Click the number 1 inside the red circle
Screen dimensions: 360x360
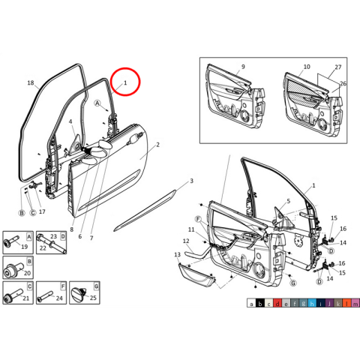(125, 82)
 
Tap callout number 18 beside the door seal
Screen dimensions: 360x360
(31, 82)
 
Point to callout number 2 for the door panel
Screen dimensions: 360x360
(157, 144)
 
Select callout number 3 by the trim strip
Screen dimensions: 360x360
(191, 181)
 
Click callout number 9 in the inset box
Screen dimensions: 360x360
(243, 67)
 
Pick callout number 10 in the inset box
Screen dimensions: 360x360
(306, 67)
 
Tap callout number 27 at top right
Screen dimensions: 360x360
(338, 67)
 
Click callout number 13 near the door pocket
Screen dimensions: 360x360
(178, 255)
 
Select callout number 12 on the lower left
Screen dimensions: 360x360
(185, 241)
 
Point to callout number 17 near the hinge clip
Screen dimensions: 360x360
(42, 212)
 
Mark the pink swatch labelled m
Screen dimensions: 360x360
(355, 303)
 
